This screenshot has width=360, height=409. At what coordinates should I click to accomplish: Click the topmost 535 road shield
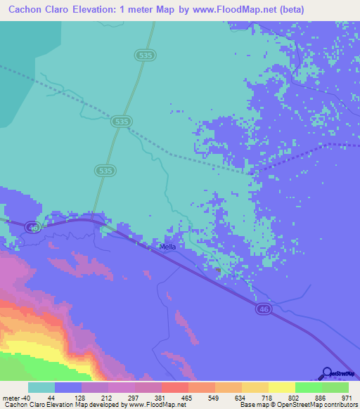tap(146, 54)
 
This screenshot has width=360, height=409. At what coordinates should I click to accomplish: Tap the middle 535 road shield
tap(121, 122)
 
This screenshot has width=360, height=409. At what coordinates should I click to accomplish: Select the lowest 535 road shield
tap(104, 171)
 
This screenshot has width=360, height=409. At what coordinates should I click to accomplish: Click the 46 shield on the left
tap(32, 227)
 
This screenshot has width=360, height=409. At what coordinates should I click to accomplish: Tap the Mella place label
tap(167, 247)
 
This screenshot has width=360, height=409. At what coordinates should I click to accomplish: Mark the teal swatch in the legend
tap(41, 387)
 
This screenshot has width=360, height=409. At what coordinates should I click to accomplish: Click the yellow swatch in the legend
tap(281, 387)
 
